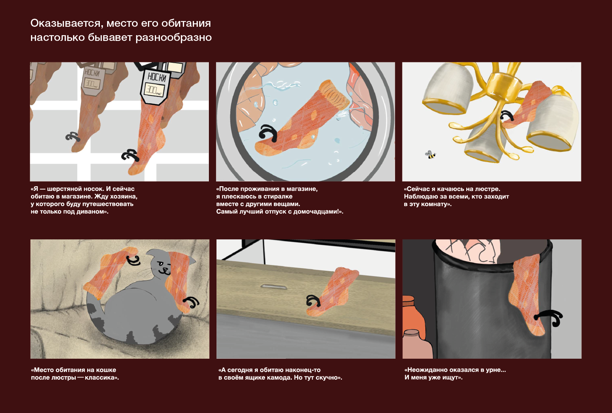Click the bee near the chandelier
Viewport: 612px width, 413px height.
430,155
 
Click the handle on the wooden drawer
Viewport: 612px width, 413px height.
273,286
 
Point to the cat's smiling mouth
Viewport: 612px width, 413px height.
166,270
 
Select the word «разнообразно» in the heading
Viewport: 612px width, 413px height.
174,38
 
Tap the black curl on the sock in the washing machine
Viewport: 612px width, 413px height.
268,133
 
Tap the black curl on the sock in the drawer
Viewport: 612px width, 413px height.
313,301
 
